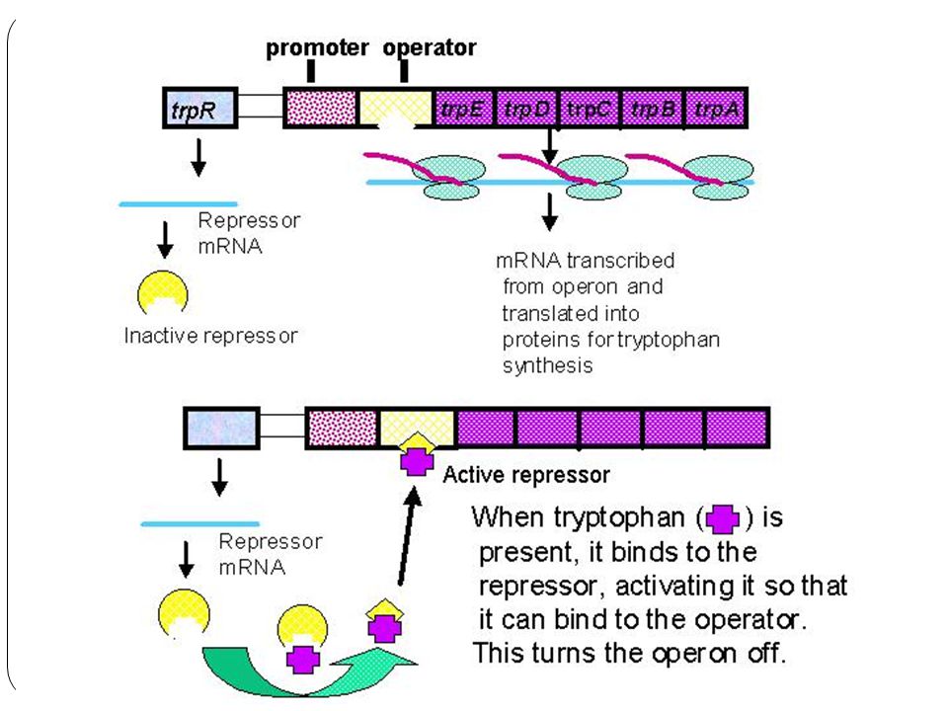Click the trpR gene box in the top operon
coord(200,109)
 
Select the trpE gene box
coord(464,109)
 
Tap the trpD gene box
coord(527,109)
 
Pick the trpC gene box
coord(591,109)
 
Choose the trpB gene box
coord(653,109)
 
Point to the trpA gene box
coord(716,109)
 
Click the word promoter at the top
coord(317,47)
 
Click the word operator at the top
coord(430,47)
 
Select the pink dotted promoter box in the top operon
coord(320,109)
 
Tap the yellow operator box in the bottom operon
coord(417,428)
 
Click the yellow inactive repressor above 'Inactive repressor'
coord(163,292)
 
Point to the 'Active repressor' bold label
coord(526,475)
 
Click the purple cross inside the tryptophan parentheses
coord(723,518)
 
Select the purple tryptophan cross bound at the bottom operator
coord(417,462)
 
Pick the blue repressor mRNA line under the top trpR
coord(178,204)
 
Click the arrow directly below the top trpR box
coord(198,157)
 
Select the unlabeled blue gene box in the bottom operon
coord(222,428)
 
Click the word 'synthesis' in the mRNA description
coord(547,365)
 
